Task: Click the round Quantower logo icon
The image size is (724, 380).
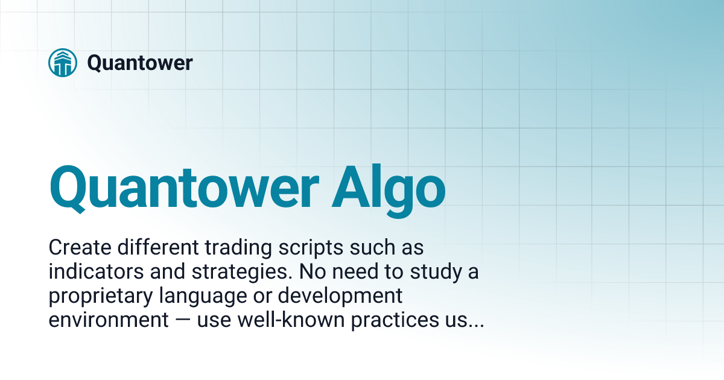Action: [x=63, y=63]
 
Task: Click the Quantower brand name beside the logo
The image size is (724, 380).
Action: [x=140, y=63]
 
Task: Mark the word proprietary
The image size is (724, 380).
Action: [x=99, y=296]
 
